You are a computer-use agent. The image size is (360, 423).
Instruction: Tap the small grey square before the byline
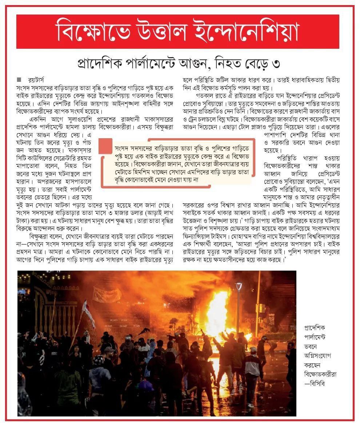19,79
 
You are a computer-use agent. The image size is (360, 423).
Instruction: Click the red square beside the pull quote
105,145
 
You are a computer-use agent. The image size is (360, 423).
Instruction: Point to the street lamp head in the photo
239,287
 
